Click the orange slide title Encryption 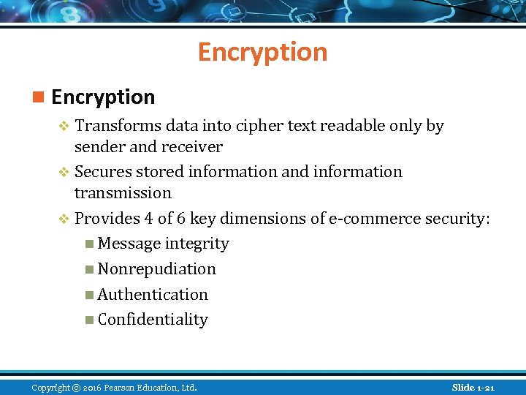click(262, 52)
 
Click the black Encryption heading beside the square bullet click(103, 97)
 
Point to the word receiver click(193, 146)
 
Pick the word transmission click(123, 192)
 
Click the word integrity click(197, 243)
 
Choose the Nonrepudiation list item click(156, 268)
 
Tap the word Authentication click(153, 294)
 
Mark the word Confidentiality click(153, 319)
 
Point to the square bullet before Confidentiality click(88, 320)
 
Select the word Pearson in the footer click(120, 387)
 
